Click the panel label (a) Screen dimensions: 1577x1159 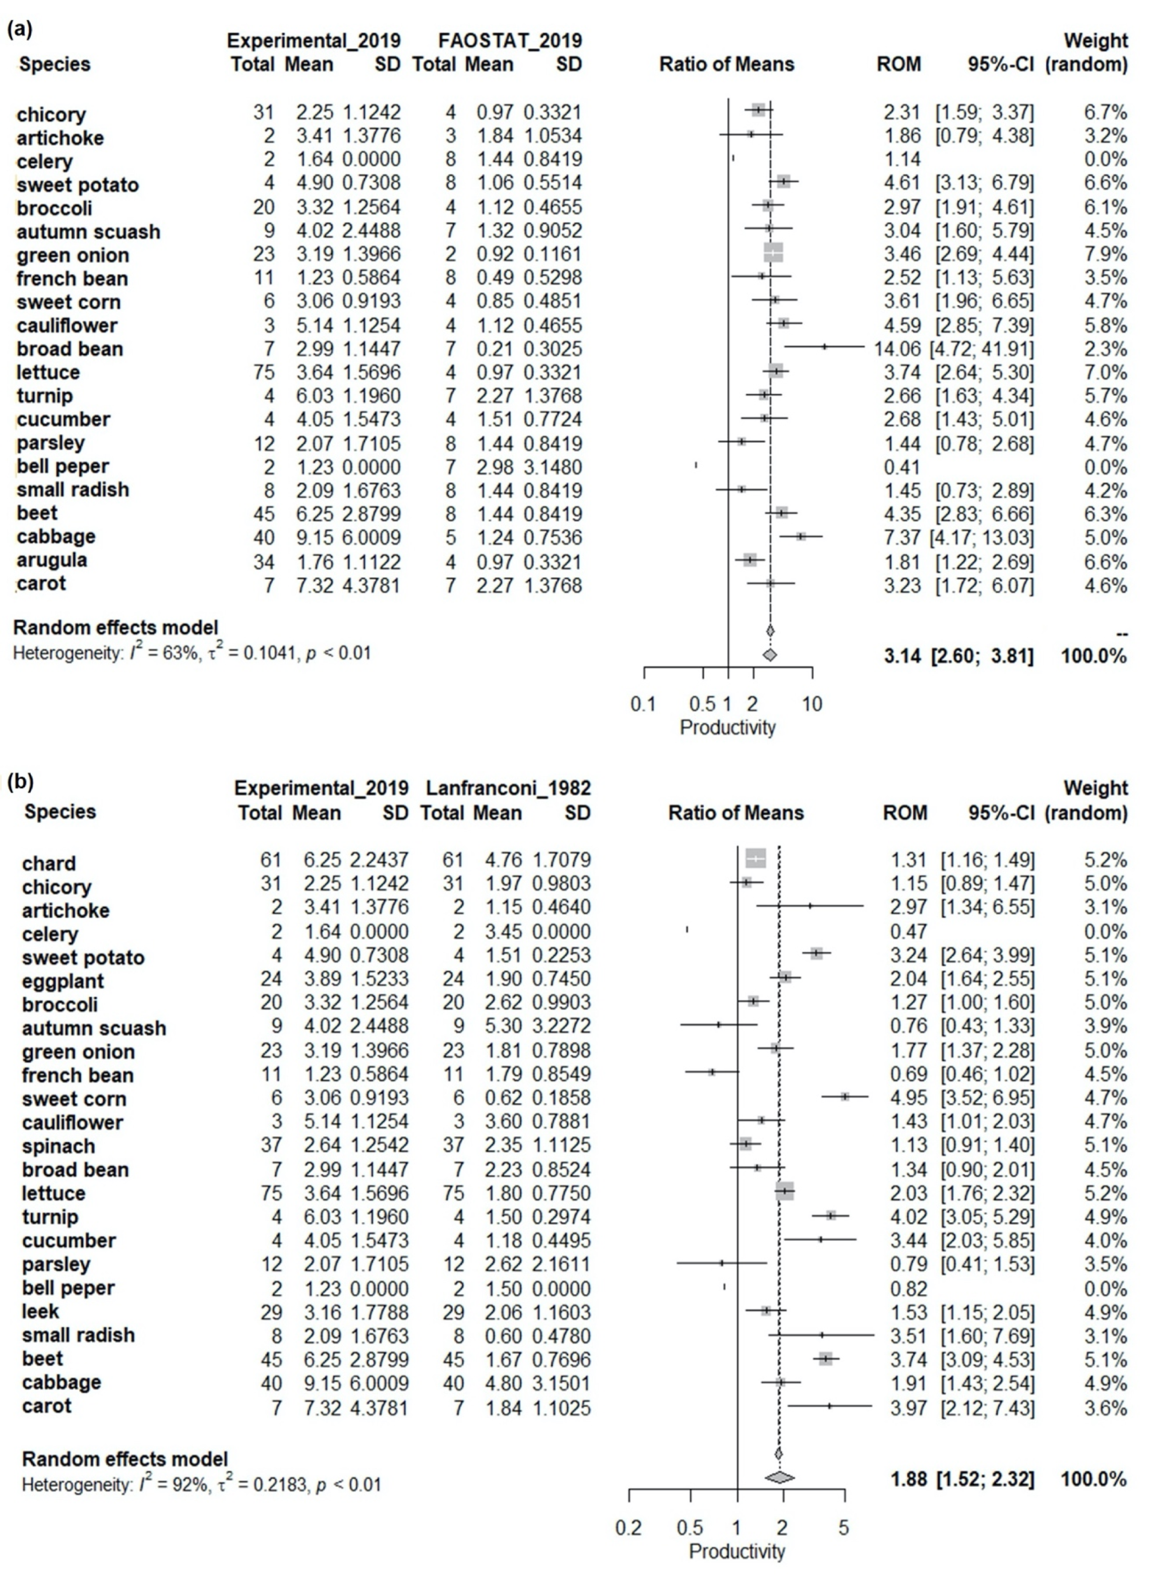tap(20, 29)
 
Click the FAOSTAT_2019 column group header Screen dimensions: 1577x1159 tap(510, 41)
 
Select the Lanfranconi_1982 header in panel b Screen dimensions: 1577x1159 tap(508, 788)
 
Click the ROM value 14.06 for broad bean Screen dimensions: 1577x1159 tap(897, 349)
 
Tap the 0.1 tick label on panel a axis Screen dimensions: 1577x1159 tap(643, 704)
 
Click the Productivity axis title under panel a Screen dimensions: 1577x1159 tap(727, 727)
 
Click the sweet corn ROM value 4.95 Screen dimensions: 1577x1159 tap(908, 1098)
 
